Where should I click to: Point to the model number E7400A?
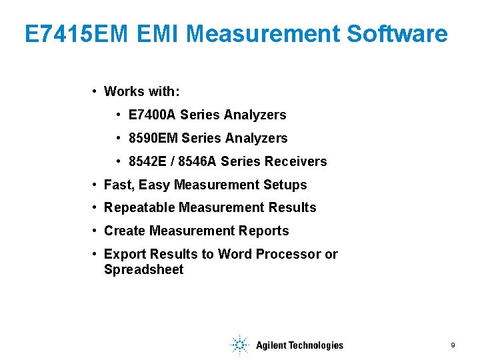(x=152, y=115)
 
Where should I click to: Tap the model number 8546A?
(x=197, y=161)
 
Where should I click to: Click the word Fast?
(x=117, y=185)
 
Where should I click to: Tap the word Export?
(x=125, y=254)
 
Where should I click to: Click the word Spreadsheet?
(x=143, y=270)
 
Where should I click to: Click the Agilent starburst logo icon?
(x=239, y=345)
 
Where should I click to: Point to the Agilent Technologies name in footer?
(x=299, y=345)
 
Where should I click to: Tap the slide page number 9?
(x=453, y=345)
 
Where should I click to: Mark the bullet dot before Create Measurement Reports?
(x=96, y=231)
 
